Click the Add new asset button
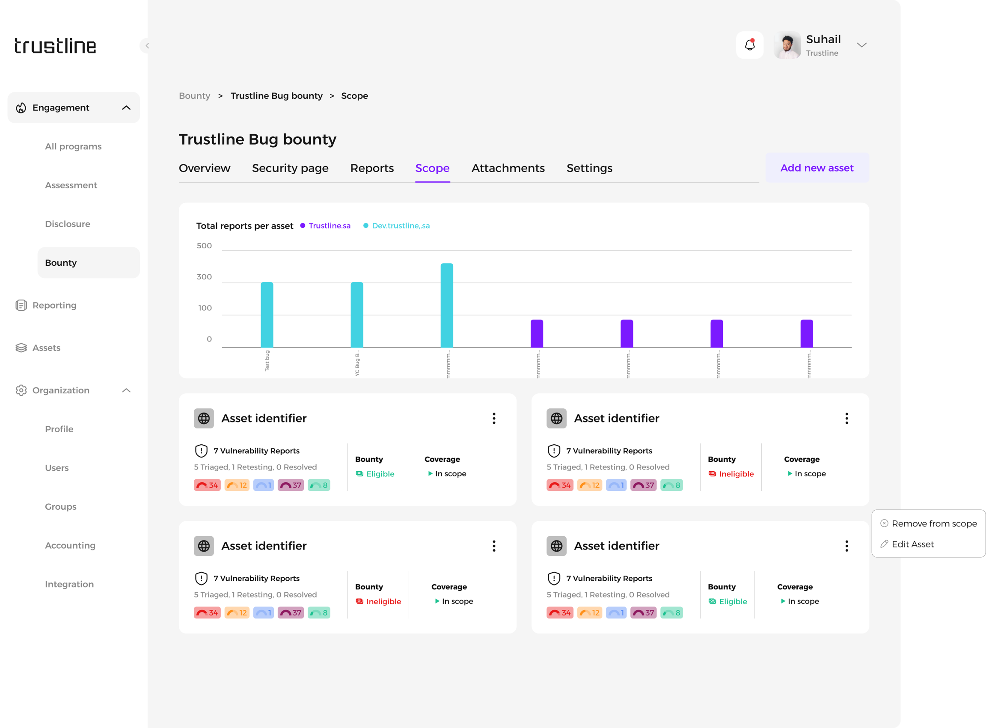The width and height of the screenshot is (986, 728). click(817, 168)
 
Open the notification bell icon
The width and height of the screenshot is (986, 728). click(749, 45)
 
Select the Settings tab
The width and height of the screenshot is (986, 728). click(589, 168)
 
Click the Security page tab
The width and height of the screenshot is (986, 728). click(290, 168)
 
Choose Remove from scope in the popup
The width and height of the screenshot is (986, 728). click(933, 523)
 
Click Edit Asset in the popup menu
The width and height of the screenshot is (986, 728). click(912, 544)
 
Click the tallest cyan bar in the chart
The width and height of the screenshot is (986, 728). click(447, 306)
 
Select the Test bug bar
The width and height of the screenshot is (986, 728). click(267, 315)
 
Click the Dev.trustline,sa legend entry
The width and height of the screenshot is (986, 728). click(401, 226)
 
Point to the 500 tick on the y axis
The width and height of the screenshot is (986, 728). click(204, 246)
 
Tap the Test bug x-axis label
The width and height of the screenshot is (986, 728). click(267, 361)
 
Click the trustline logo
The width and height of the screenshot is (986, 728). click(55, 46)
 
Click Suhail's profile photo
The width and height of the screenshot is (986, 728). click(787, 45)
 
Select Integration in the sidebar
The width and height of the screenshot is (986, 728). click(69, 584)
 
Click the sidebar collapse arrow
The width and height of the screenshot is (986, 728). click(147, 45)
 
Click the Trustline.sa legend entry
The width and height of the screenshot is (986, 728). click(329, 226)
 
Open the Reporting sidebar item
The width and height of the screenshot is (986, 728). click(54, 306)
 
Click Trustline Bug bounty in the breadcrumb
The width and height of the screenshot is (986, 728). click(276, 96)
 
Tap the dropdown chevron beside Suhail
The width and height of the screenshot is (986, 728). click(861, 45)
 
